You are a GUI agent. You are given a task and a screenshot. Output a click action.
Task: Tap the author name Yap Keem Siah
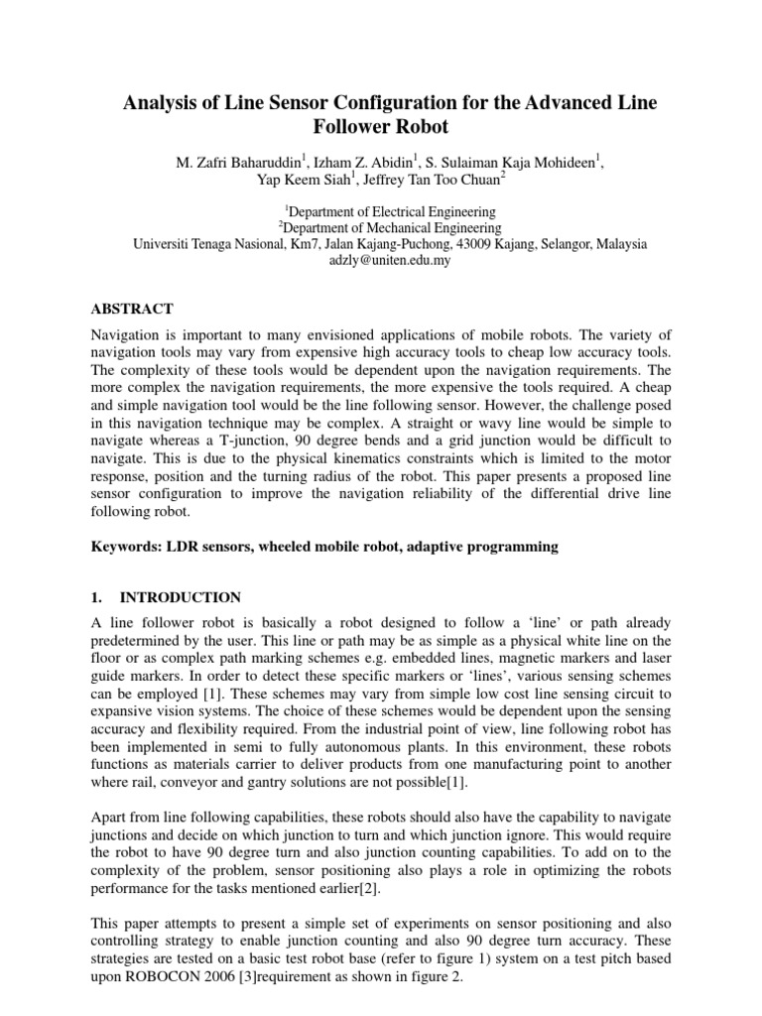point(283,179)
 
